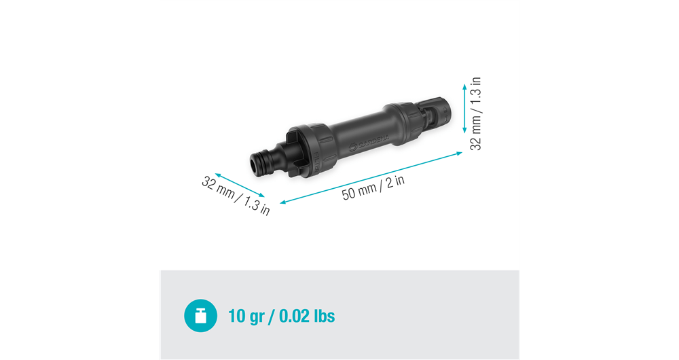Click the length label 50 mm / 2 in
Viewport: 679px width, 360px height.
pyautogui.click(x=373, y=187)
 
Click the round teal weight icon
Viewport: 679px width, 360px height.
pyautogui.click(x=201, y=316)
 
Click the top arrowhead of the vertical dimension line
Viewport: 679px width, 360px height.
pyautogui.click(x=464, y=86)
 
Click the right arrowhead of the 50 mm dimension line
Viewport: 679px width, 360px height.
pyautogui.click(x=459, y=154)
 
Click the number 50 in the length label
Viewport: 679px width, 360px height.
pyautogui.click(x=349, y=193)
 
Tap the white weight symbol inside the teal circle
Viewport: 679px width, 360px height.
pyautogui.click(x=201, y=316)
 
